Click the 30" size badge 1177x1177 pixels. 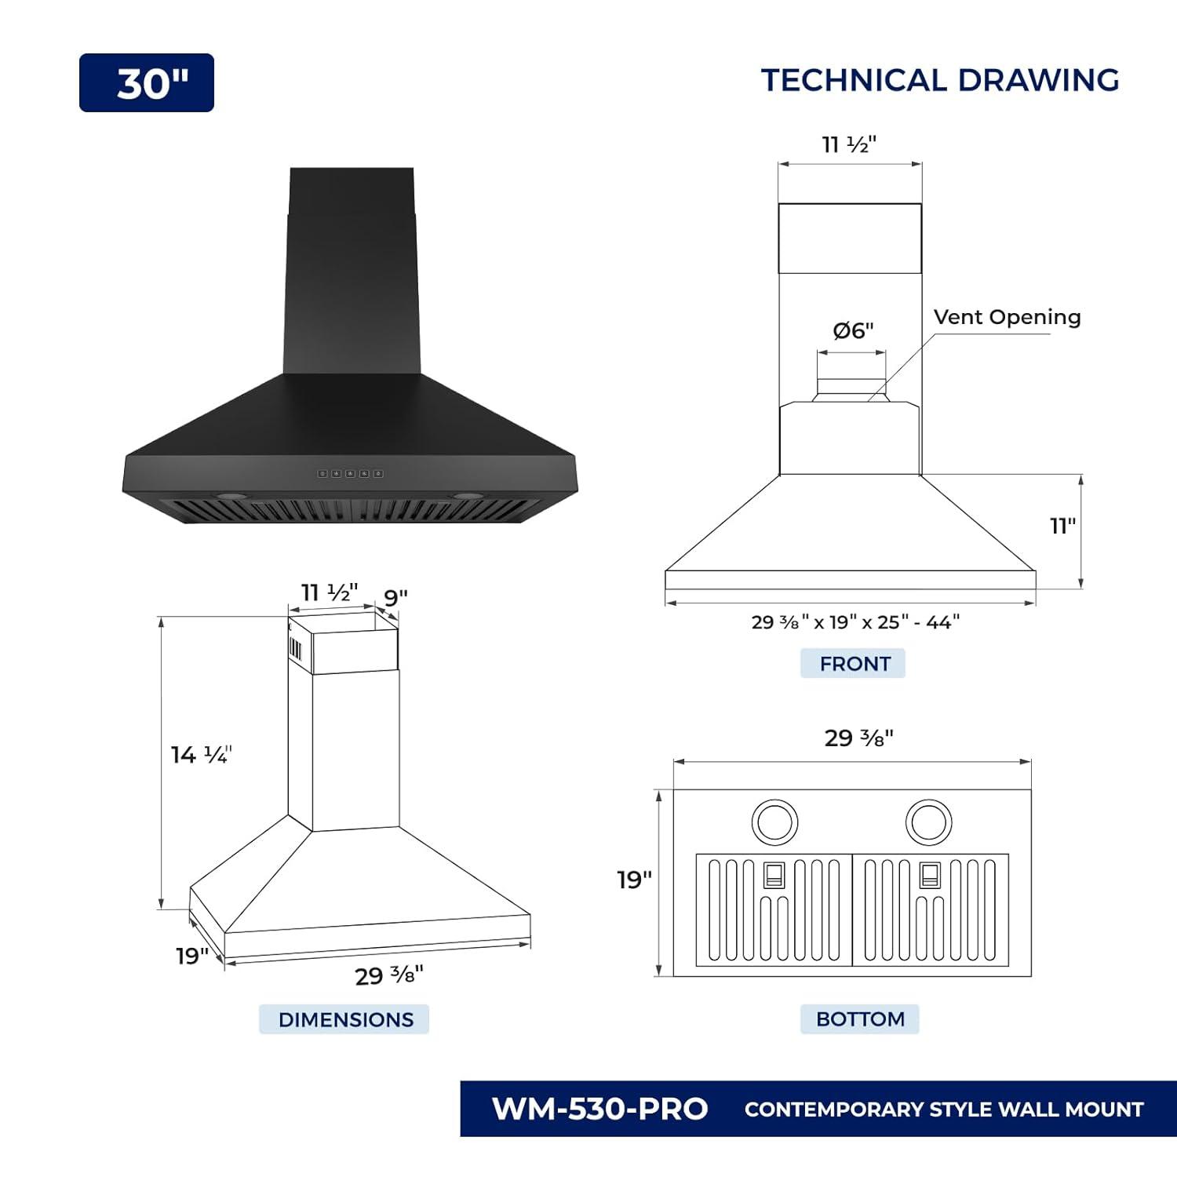coord(147,82)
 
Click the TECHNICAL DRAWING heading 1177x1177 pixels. coord(939,81)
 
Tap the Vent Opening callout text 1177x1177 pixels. coord(1007,317)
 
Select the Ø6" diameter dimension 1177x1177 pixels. coord(852,330)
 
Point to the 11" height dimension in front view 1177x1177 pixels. coord(1062,526)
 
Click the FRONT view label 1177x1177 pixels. coord(854,664)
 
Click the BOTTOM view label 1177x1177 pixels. coord(859,1018)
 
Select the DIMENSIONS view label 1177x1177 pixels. coord(345,1019)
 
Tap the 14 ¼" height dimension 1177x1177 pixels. coord(201,755)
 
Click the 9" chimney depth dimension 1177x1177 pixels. coord(395,597)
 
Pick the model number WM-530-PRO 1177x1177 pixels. coord(599,1109)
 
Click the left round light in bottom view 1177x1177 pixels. coord(774,822)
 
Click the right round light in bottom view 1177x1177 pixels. coord(928,822)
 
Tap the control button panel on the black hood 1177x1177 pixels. coord(350,474)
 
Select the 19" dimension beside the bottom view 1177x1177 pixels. coord(634,880)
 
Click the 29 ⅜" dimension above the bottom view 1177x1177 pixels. coord(858,738)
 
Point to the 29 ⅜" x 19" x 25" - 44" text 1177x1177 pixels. coord(855,622)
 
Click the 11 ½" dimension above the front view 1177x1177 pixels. coord(848,145)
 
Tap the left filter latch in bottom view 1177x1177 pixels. coord(774,874)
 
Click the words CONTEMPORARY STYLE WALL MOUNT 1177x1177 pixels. coord(943,1110)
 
